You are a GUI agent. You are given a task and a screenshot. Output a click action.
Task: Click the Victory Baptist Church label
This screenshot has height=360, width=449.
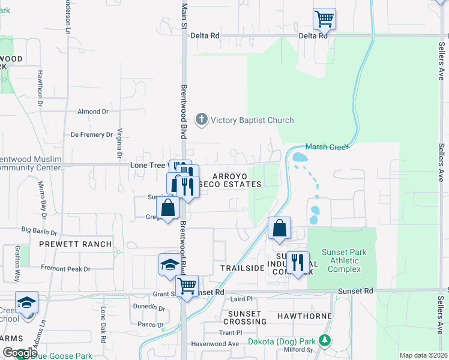252,120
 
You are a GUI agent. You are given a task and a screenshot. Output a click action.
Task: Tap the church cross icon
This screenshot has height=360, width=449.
202,119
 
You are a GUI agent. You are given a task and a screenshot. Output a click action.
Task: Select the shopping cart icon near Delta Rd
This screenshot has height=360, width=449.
324,19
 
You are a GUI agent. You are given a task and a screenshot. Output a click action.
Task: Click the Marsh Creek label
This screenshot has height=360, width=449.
327,146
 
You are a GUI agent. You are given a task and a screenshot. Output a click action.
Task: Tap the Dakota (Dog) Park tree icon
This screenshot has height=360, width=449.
325,341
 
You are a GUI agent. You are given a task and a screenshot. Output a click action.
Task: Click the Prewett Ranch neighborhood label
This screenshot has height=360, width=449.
76,244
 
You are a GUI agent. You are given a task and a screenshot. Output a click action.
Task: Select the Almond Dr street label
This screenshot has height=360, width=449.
93,112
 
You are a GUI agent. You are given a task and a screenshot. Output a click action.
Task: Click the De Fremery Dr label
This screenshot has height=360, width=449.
92,135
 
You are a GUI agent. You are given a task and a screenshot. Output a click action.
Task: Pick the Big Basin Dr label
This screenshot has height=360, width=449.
39,230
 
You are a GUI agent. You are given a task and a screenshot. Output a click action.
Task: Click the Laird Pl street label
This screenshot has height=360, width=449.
242,299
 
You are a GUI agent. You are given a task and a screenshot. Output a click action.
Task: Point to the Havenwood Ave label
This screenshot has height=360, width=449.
215,344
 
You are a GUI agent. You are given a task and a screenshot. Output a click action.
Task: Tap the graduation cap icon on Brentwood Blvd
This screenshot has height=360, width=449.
169,264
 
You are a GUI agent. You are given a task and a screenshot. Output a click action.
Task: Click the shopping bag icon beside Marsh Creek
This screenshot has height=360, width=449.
279,228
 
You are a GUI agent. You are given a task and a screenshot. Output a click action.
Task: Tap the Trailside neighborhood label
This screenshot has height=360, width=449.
243,268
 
